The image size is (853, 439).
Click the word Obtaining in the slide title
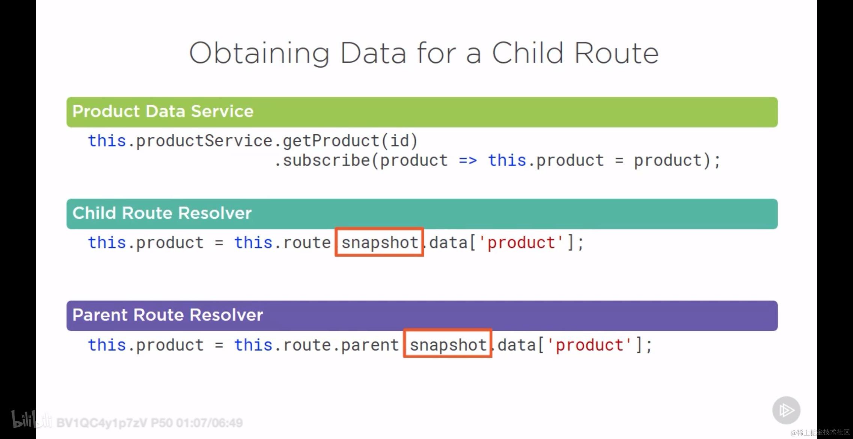[259, 53]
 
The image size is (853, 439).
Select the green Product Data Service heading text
[163, 111]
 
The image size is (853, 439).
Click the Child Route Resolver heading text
[162, 213]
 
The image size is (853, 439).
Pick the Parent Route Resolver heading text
[167, 315]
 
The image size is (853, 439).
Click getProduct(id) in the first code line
[350, 141]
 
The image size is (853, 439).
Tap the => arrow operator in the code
[468, 161]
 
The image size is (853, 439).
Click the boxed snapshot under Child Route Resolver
[380, 243]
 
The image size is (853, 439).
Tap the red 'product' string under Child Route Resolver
[521, 243]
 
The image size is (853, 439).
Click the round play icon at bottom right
[786, 410]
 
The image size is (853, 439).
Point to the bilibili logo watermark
[32, 419]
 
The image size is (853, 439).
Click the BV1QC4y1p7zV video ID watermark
[102, 423]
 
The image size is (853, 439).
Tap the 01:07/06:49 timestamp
[209, 423]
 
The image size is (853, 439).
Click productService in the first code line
[204, 141]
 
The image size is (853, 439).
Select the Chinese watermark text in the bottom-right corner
[820, 432]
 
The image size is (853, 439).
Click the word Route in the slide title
[616, 53]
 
